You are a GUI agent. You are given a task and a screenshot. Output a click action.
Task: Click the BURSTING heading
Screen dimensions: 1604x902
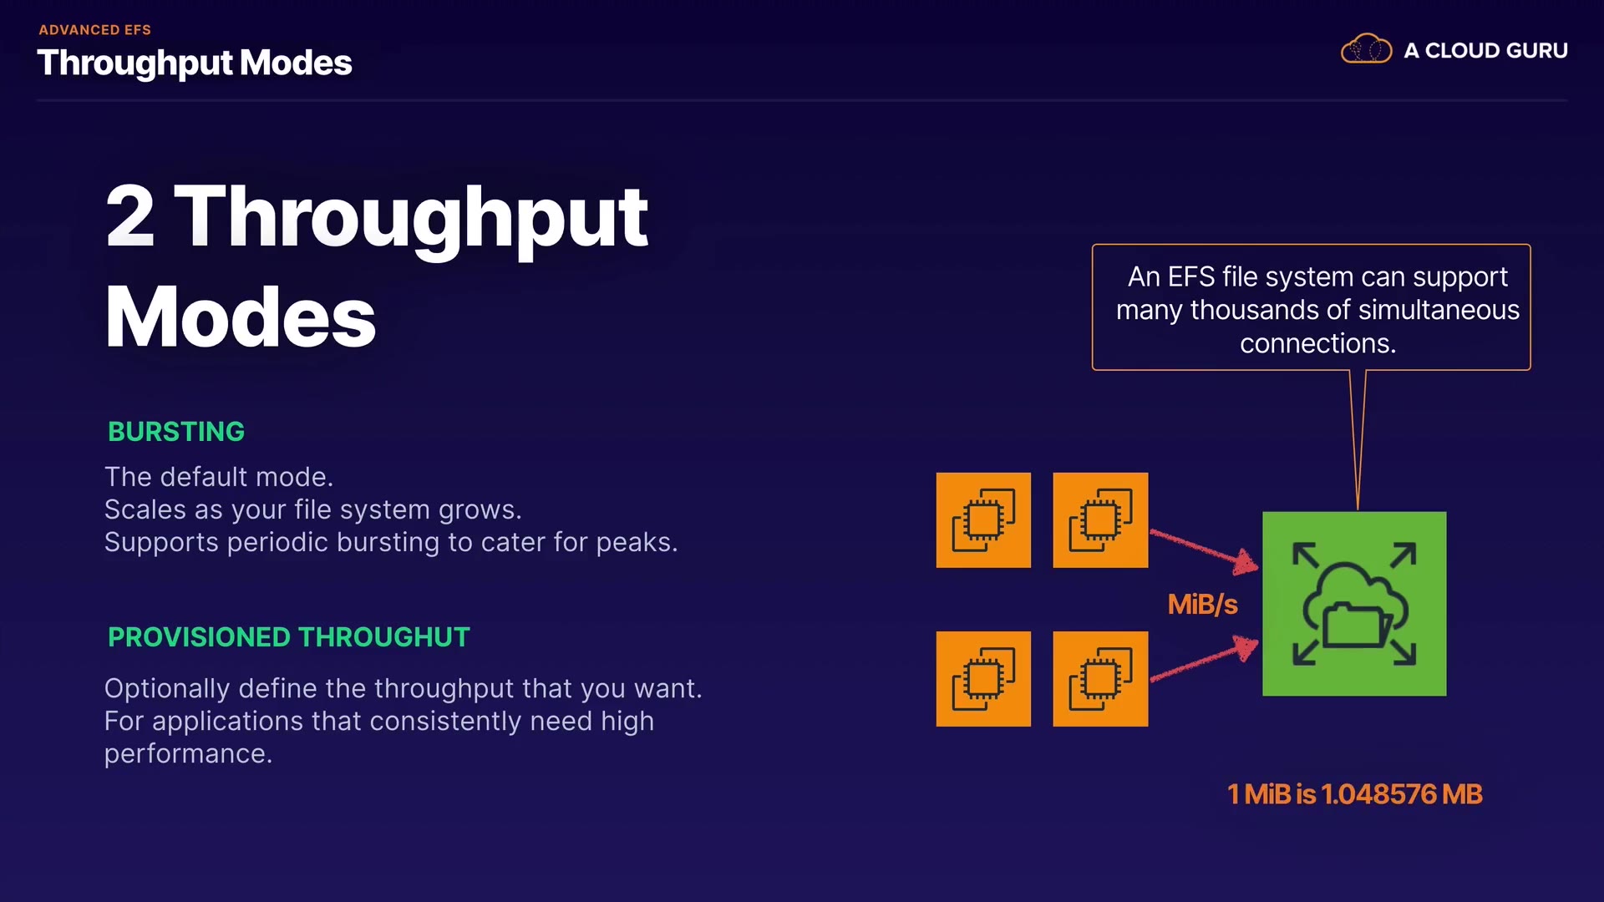click(x=175, y=432)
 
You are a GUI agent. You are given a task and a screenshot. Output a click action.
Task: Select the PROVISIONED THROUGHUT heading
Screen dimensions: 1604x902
click(x=288, y=637)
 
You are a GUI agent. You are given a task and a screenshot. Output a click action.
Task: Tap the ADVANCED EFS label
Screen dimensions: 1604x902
click(x=94, y=30)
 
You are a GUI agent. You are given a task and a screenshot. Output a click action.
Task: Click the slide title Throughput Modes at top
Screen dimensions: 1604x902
click(x=194, y=63)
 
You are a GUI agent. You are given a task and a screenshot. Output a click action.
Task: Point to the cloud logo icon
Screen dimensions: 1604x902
click(x=1366, y=50)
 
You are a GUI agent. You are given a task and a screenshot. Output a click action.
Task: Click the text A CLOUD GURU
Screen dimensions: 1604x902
click(x=1485, y=51)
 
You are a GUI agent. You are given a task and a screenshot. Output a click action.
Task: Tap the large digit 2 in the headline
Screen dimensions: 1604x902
click(x=130, y=216)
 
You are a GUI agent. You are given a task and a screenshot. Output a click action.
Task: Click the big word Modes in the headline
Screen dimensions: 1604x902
click(x=241, y=317)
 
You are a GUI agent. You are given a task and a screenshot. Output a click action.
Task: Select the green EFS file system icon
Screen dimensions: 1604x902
click(x=1353, y=603)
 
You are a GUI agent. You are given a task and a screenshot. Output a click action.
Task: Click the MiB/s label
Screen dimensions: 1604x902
click(x=1202, y=604)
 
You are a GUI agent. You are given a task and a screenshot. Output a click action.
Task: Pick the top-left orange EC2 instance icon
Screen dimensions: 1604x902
click(x=983, y=520)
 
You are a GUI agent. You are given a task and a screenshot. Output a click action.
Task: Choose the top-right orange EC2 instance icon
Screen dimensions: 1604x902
click(x=1100, y=520)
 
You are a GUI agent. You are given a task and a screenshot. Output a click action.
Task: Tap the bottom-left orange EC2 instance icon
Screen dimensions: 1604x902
click(x=983, y=679)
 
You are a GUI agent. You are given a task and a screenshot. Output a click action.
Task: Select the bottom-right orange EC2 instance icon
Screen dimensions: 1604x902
click(x=1100, y=679)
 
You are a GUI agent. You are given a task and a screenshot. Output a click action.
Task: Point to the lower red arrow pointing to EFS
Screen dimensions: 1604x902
click(x=1204, y=661)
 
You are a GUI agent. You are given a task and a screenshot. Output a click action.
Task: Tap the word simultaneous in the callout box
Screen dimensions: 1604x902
click(x=1439, y=310)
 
